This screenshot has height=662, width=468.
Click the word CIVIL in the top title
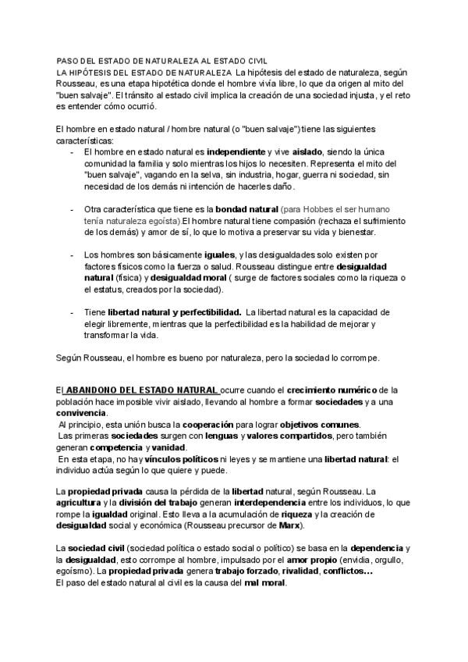255,61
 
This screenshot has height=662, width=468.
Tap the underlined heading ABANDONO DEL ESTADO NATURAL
140,390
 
